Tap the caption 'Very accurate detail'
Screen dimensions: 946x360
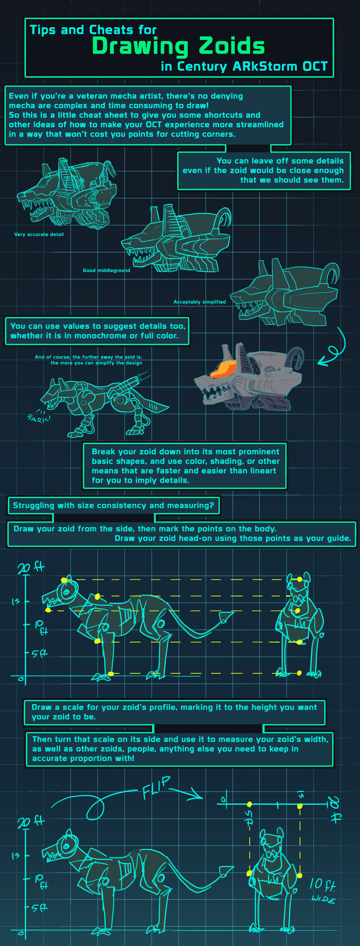[39, 234]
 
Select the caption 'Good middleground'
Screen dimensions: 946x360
[107, 270]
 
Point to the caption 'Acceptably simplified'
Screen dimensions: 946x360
[199, 302]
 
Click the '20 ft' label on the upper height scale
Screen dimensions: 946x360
[31, 567]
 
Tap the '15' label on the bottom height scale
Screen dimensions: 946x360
[15, 856]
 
